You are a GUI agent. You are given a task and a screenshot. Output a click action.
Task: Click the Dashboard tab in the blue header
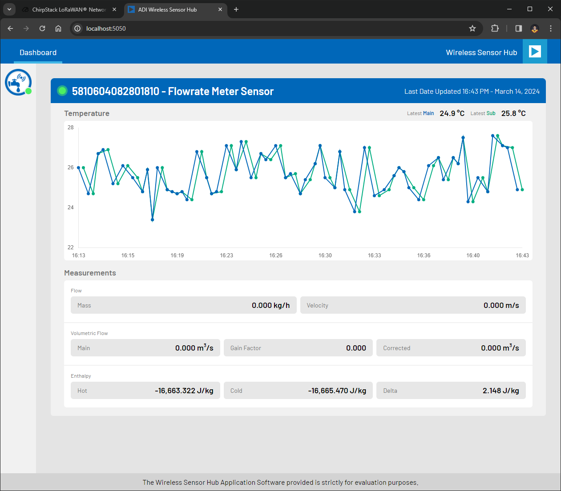tap(38, 52)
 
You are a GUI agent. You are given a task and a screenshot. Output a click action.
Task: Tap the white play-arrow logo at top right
tap(535, 52)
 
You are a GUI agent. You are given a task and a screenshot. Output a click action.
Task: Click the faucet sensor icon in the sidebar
tap(18, 82)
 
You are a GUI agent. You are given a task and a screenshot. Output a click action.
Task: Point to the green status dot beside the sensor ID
tap(62, 91)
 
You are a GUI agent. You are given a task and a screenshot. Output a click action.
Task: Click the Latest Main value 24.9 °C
tap(452, 113)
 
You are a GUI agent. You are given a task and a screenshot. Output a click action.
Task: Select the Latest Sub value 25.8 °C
tap(513, 113)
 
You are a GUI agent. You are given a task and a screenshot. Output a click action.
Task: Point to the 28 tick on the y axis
tap(71, 128)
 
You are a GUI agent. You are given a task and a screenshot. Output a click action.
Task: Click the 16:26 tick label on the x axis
tap(276, 255)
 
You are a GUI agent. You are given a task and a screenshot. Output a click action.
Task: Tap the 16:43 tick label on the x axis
tap(522, 255)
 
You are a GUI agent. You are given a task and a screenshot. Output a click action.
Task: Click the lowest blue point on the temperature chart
tap(153, 220)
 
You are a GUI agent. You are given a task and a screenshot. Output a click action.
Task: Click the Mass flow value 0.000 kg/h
tap(270, 305)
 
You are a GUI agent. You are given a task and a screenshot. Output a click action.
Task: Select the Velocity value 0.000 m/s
tap(501, 305)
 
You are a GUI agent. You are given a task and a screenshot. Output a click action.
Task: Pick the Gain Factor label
tap(246, 348)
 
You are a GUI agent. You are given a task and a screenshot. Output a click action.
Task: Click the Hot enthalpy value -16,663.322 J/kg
tap(184, 391)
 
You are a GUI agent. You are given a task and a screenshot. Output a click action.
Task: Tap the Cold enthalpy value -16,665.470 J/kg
tap(337, 391)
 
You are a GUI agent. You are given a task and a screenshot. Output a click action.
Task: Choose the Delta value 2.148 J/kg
tap(500, 391)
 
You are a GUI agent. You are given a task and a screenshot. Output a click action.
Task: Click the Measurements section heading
tap(90, 273)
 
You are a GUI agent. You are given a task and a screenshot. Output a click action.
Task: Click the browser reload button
tap(42, 28)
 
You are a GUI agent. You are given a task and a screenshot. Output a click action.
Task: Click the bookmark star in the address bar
tap(472, 28)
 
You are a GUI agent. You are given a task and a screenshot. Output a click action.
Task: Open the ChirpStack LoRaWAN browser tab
tap(69, 9)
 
